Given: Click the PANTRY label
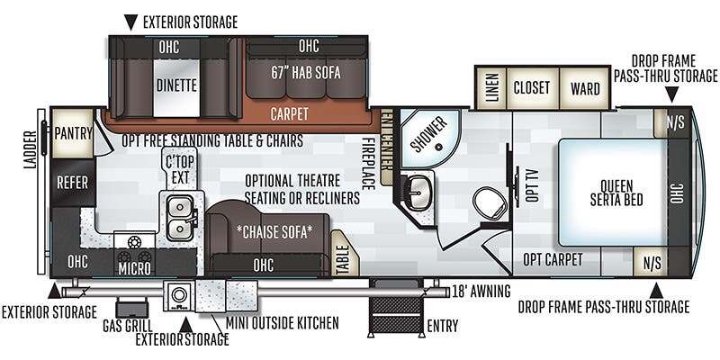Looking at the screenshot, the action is (74, 133).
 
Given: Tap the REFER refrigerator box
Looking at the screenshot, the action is (73, 183).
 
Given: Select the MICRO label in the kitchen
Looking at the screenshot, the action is (134, 268).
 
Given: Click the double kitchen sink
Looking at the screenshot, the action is (180, 217).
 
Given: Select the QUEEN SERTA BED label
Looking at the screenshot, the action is (616, 193).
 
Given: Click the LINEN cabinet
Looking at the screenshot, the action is (491, 87).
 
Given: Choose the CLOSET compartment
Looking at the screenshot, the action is (532, 87).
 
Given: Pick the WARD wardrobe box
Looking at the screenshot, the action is (585, 87).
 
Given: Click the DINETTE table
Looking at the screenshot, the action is (176, 86).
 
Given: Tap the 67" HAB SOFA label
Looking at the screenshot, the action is (306, 73).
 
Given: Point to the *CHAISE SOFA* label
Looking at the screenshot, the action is (274, 232).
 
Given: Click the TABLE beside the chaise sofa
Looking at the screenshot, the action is (343, 254).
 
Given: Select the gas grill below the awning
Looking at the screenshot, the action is (131, 307).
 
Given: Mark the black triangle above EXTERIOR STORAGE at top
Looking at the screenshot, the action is (130, 22).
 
